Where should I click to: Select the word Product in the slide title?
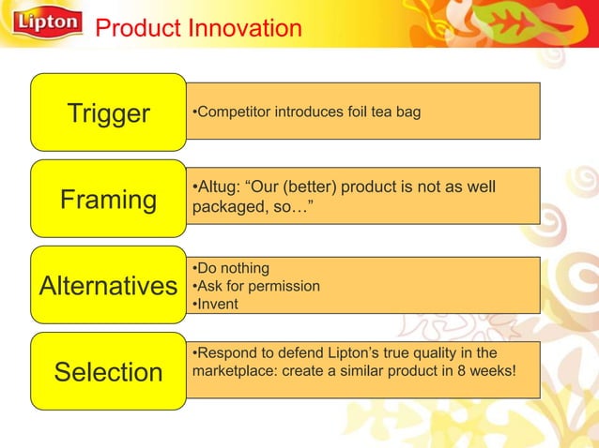pyautogui.click(x=135, y=29)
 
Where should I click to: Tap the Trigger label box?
pyautogui.click(x=108, y=113)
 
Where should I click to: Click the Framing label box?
pyautogui.click(x=108, y=200)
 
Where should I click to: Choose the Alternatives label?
pyautogui.click(x=108, y=286)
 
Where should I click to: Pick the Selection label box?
pyautogui.click(x=108, y=372)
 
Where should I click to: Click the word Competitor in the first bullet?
pyautogui.click(x=231, y=112)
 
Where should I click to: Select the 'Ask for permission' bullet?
pyautogui.click(x=255, y=286)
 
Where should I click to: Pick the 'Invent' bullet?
pyautogui.click(x=216, y=304)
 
